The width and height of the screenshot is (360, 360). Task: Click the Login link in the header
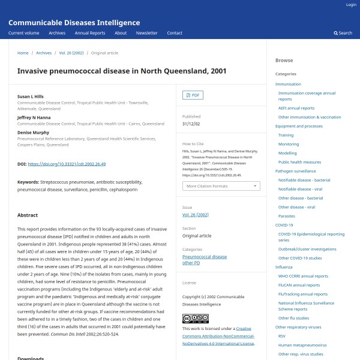pos(351,5)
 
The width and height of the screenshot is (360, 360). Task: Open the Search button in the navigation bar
pos(343,33)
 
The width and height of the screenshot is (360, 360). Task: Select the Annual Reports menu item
pos(89,33)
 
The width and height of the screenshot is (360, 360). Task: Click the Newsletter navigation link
pos(146,33)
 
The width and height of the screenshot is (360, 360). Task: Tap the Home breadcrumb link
pos(23,53)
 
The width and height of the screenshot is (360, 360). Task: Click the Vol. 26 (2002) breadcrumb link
pos(71,53)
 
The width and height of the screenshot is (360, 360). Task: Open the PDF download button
pos(193,95)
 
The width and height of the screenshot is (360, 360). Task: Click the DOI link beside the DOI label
pos(67,164)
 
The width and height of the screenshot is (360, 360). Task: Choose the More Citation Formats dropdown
pos(221,186)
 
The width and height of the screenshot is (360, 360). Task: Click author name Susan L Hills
pos(31,96)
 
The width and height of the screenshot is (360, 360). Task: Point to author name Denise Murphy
pos(33,132)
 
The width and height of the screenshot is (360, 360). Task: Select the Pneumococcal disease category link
pos(205,257)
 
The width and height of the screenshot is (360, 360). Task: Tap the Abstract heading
pos(28,215)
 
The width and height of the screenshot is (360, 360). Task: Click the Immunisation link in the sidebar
pos(288,84)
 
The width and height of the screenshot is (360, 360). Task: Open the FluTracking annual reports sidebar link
pos(303,294)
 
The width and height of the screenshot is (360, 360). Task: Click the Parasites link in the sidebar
pos(287,216)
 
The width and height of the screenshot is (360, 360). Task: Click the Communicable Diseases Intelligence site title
pos(74,23)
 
